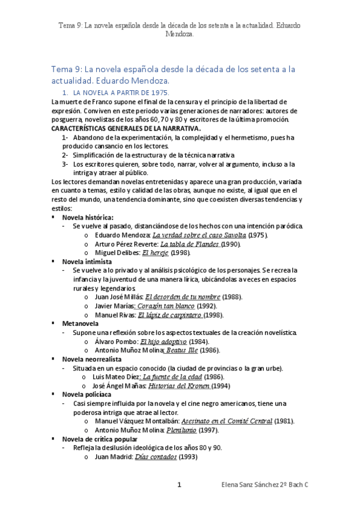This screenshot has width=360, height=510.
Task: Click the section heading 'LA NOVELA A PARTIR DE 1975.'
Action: [x=121, y=93]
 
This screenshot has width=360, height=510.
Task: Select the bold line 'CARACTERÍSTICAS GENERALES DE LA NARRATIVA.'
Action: [x=126, y=129]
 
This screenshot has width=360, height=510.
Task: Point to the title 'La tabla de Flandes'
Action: [x=191, y=244]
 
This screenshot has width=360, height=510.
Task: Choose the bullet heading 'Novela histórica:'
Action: [x=88, y=217]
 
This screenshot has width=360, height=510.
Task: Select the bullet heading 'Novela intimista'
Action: [x=87, y=262]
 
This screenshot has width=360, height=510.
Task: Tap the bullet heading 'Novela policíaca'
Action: [x=87, y=395]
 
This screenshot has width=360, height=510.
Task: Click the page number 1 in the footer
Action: [x=179, y=484]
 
